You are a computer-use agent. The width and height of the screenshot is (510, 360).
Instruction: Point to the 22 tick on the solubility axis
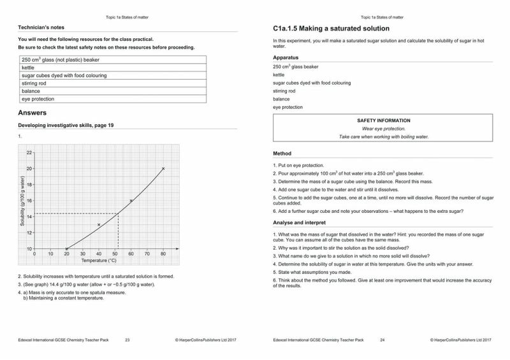coord(29,153)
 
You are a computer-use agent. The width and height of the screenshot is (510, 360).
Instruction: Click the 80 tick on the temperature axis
coord(163,254)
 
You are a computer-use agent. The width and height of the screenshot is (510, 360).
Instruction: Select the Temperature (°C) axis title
coord(99,261)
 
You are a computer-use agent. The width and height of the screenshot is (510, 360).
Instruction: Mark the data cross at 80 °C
coord(163,169)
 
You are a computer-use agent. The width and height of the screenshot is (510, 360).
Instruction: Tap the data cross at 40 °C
coord(99,224)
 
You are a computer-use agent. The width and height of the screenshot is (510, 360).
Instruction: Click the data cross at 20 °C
coord(67,248)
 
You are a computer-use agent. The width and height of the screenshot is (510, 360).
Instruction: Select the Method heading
coord(282,154)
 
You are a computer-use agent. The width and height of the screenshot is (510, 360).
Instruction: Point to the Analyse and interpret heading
coord(299,223)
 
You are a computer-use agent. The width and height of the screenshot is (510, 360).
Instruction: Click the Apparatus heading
coord(286,57)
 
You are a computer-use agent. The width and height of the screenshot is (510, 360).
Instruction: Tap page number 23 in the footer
coord(127,341)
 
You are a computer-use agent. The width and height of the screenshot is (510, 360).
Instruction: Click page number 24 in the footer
coord(382,341)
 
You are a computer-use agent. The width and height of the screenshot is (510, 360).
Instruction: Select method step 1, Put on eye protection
coord(298,165)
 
